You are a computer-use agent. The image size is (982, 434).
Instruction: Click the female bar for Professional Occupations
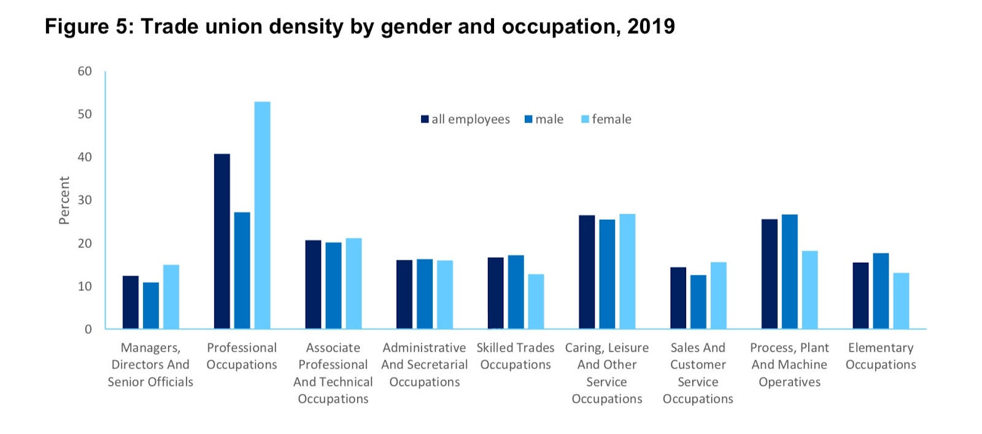[262, 215]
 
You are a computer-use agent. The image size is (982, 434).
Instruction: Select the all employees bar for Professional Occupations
[222, 241]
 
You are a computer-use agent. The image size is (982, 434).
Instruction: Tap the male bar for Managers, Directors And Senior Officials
[151, 306]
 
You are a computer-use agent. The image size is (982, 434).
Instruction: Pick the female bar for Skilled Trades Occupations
[536, 301]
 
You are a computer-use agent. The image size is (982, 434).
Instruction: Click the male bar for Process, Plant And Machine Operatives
[789, 271]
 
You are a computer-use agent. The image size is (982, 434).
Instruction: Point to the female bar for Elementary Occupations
[901, 301]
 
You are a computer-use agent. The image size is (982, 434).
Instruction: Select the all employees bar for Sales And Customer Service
[678, 298]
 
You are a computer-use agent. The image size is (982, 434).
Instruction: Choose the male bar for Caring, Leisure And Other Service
[607, 274]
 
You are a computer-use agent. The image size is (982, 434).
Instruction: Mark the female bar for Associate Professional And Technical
[354, 283]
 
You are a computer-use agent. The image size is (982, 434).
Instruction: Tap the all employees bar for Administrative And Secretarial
[404, 295]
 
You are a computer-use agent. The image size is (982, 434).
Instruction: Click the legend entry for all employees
[465, 119]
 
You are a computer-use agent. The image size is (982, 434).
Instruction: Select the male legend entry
[544, 119]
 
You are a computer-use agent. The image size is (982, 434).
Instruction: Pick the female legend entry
[606, 119]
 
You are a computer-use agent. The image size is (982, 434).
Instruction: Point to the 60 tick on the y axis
[85, 71]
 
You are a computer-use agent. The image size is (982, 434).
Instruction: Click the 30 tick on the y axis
[85, 200]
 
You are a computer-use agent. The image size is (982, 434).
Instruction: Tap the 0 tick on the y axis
[88, 329]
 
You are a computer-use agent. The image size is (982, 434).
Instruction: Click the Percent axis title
[64, 200]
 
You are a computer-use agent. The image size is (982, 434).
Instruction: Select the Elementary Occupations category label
[881, 356]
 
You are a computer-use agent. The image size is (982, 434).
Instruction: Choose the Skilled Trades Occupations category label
[516, 356]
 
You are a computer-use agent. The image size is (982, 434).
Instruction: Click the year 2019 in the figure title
[651, 26]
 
